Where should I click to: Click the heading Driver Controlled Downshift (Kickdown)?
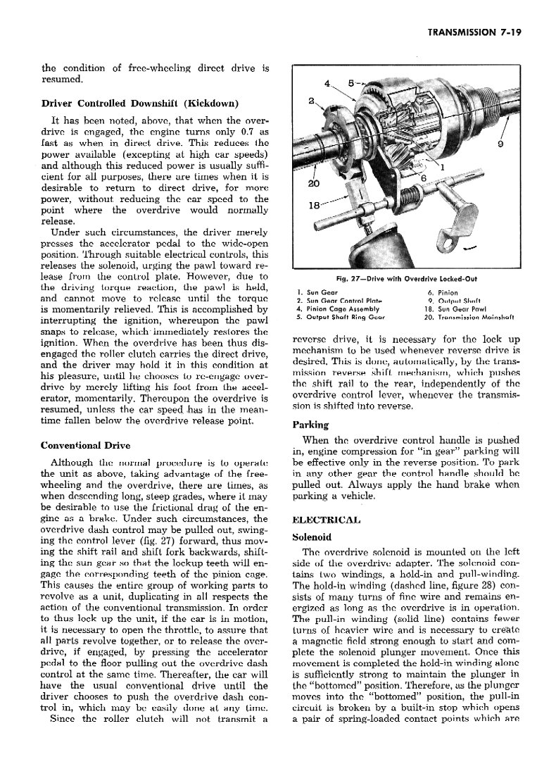pos(139,104)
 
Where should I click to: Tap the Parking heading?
pos(310,425)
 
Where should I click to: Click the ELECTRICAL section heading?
pos(325,520)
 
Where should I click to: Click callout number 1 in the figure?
pos(442,168)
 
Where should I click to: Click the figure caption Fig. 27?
pos(410,279)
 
